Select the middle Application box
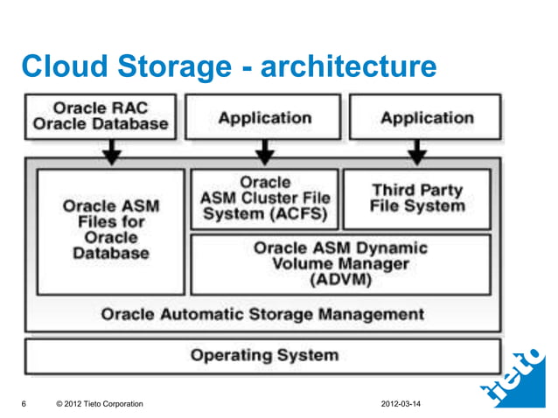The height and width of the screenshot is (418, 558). [264, 117]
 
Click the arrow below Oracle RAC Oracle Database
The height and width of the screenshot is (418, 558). [111, 154]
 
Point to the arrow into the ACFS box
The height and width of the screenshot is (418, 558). [265, 154]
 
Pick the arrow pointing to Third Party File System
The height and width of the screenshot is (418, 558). [417, 154]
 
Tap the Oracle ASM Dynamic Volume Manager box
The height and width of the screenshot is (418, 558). [341, 263]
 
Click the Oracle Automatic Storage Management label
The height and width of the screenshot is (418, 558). [262, 313]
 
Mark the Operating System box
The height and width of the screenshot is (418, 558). [262, 355]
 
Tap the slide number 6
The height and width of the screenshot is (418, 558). [23, 403]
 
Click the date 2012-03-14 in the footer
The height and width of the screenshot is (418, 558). [407, 403]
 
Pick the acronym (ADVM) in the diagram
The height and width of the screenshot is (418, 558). [340, 281]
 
